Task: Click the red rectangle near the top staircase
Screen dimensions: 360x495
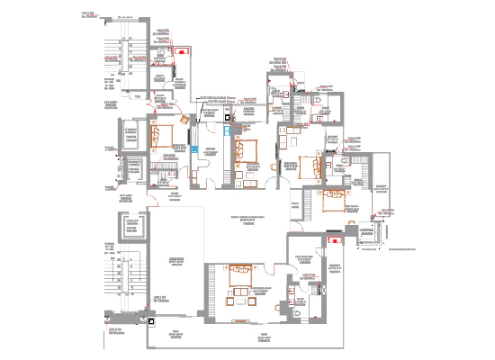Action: coord(182,51)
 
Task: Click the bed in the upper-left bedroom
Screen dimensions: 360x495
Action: coord(165,139)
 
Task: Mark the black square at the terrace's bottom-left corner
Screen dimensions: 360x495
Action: coord(151,317)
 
